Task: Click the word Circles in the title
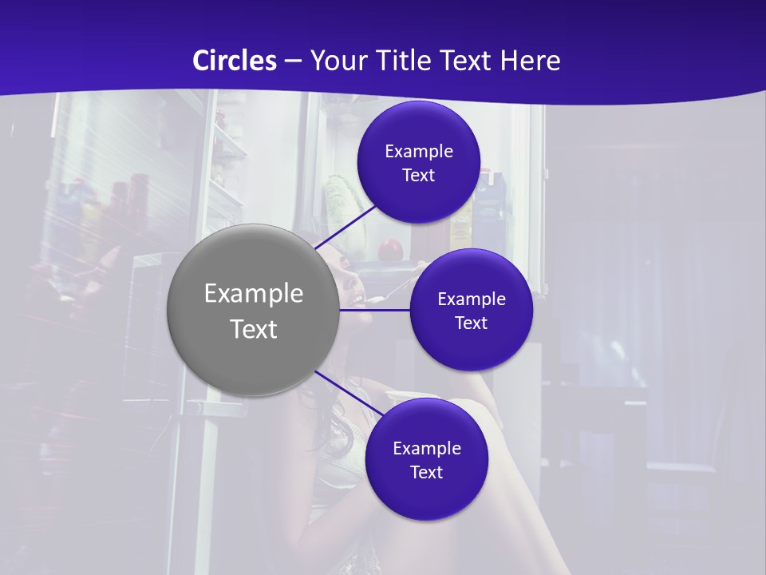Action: [234, 61]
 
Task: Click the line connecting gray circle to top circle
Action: [347, 227]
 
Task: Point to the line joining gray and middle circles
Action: [375, 310]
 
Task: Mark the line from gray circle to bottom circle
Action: [343, 392]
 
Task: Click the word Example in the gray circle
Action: [254, 294]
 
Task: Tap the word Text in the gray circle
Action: [254, 329]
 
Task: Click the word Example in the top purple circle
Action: [419, 152]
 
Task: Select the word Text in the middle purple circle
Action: [471, 323]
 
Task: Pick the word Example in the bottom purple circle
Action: [427, 449]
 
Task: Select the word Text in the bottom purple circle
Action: [426, 473]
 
